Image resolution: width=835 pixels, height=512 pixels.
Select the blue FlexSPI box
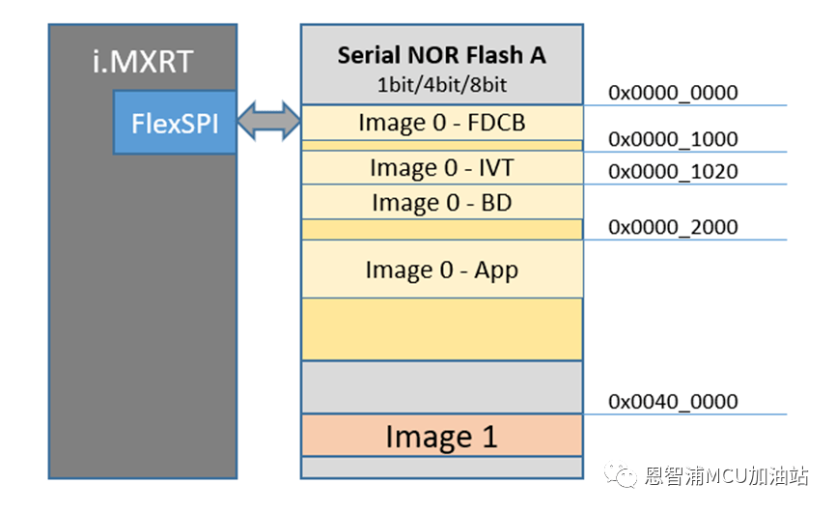coord(174,123)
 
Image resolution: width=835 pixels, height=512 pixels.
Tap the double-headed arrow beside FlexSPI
coord(268,124)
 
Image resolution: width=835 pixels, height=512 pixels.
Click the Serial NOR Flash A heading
coord(441,55)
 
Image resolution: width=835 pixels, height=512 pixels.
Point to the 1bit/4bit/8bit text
coord(441,83)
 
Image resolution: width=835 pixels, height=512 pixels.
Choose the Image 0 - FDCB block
coord(441,124)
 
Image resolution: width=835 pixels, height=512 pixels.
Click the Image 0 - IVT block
coord(441,168)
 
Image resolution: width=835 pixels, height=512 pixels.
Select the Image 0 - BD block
coord(441,203)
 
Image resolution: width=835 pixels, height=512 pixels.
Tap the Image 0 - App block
coord(441,270)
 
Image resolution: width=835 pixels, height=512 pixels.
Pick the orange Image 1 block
coord(441,437)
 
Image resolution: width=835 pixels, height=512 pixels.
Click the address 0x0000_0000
coord(673,94)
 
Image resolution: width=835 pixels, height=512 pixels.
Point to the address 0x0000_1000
coord(673,139)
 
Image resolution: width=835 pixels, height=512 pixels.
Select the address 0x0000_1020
coord(673,172)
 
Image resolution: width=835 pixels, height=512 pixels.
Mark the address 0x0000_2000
coord(673,227)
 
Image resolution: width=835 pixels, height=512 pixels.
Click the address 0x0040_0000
coord(673,401)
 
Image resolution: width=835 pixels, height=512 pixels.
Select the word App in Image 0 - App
coord(496,270)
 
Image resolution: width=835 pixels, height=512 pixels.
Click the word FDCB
coord(498,124)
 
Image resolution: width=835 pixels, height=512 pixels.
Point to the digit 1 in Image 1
coord(488,437)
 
